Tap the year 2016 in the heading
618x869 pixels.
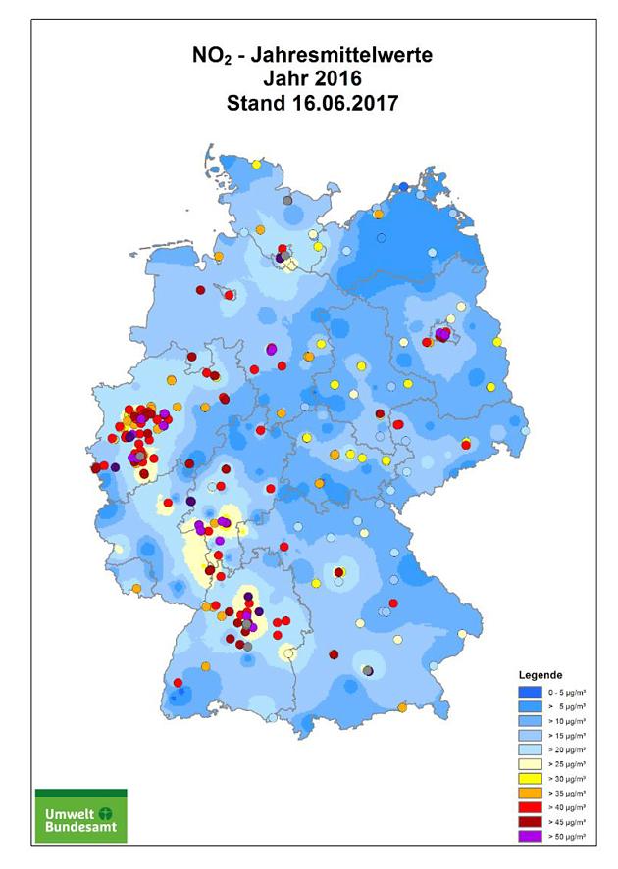point(341,80)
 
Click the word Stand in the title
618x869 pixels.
point(252,103)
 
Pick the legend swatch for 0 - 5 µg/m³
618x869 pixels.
point(529,692)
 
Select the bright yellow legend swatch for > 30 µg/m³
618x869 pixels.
point(529,778)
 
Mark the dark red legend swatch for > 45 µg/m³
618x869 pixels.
point(529,821)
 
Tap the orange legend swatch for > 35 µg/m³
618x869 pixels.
point(529,793)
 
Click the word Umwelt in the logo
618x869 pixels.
point(67,814)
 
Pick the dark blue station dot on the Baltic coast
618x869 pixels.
point(403,187)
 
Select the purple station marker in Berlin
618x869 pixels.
point(442,335)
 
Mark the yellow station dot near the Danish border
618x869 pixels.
point(256,166)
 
